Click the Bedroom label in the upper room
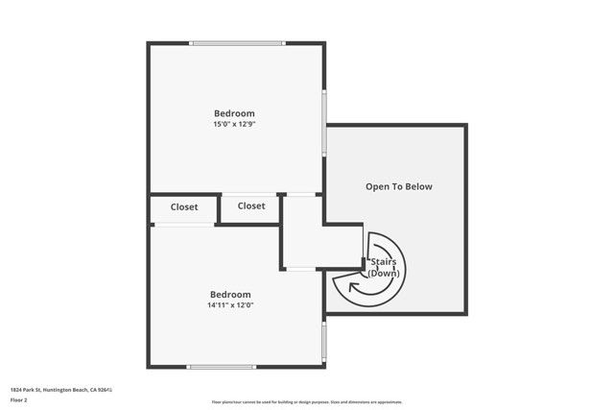(234, 113)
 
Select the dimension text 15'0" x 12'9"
(234, 124)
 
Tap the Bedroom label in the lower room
(230, 295)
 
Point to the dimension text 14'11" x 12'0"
(230, 305)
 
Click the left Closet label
(184, 206)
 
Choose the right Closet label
(251, 205)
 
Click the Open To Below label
(398, 186)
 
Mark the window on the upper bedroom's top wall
(237, 42)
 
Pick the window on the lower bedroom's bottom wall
(222, 366)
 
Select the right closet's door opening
(249, 195)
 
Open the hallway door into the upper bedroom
(302, 195)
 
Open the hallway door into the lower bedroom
(302, 268)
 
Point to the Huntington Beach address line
(61, 390)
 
